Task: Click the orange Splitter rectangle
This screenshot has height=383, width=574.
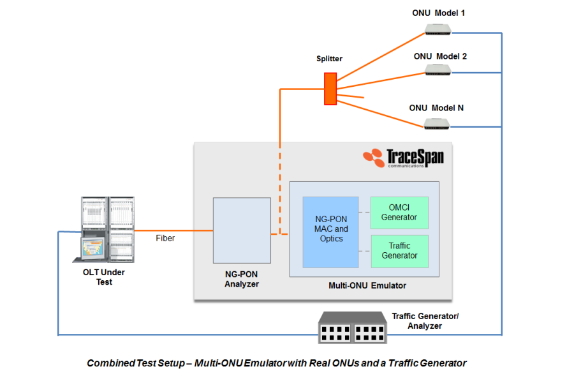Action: (330, 89)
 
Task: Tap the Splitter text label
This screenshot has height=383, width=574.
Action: (329, 59)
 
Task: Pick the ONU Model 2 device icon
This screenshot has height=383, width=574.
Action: (438, 70)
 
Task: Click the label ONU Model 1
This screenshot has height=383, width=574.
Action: (439, 13)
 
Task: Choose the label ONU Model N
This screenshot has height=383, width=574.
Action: (436, 108)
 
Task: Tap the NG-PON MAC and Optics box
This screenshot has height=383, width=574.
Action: (330, 230)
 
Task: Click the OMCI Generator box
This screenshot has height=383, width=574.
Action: (399, 212)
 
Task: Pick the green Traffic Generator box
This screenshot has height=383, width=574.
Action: (399, 251)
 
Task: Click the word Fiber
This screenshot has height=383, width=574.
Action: (165, 238)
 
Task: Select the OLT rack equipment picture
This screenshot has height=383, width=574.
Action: (108, 230)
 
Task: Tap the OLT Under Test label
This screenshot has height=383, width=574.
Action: (104, 277)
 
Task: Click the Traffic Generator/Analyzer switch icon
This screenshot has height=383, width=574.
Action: (351, 326)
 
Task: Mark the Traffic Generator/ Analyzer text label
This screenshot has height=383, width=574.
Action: (425, 321)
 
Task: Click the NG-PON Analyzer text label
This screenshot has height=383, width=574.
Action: (242, 279)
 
